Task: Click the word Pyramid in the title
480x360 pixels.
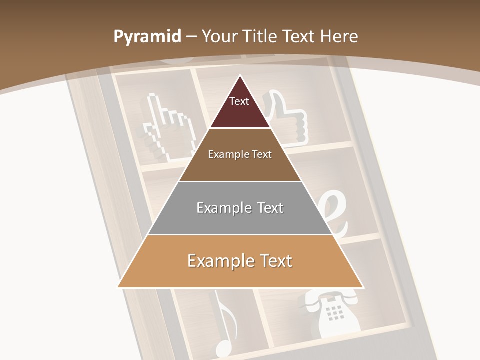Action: pyautogui.click(x=147, y=37)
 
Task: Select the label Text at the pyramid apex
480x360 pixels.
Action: pyautogui.click(x=239, y=101)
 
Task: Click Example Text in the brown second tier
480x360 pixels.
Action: pyautogui.click(x=240, y=154)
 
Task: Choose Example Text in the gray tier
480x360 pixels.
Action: pyautogui.click(x=240, y=208)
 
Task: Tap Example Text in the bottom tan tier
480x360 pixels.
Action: pyautogui.click(x=240, y=261)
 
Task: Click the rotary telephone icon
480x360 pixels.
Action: pyautogui.click(x=330, y=315)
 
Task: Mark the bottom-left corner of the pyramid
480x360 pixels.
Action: pyautogui.click(x=118, y=287)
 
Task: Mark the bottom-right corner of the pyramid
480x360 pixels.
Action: pyautogui.click(x=363, y=287)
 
